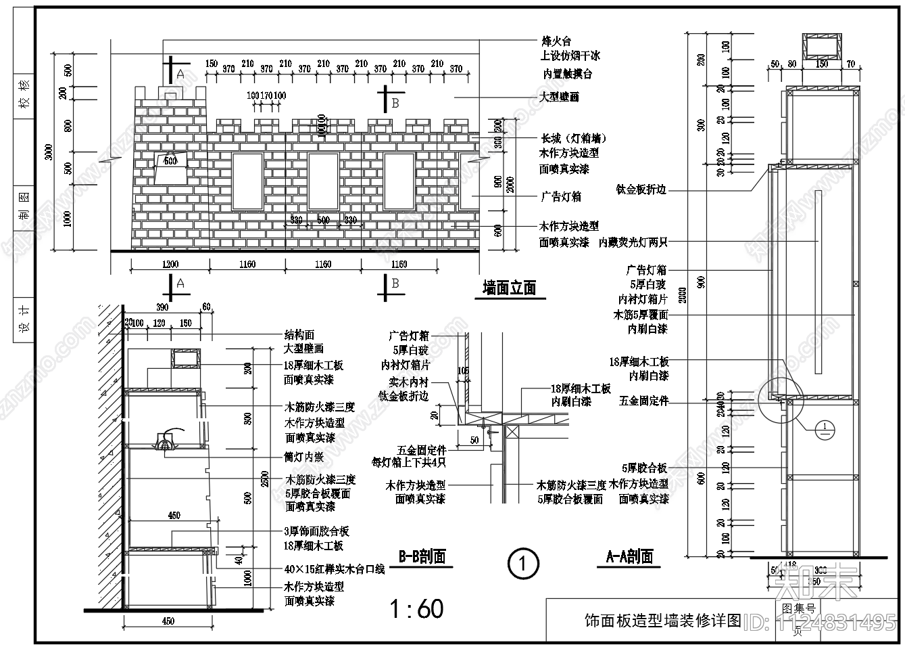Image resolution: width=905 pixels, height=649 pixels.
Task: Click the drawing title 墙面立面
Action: tap(509, 288)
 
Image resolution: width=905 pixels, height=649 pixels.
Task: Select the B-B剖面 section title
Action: tap(422, 557)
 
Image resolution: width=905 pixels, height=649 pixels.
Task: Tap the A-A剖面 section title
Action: tap(629, 557)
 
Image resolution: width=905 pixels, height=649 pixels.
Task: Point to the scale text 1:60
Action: tap(417, 609)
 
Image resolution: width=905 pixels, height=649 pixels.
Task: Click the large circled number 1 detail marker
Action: tap(522, 563)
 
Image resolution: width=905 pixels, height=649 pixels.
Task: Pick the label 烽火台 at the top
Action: tap(556, 42)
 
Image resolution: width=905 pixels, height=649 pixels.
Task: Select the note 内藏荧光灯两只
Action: tap(633, 242)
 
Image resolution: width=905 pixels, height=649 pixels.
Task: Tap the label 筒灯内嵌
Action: tap(304, 457)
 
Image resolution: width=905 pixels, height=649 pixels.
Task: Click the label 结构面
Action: tap(299, 335)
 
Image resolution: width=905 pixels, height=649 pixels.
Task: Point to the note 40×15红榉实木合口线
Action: tap(335, 569)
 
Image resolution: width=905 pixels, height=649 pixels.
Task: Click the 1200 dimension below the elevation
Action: tap(170, 265)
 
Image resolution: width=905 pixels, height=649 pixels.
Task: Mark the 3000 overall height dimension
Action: tap(47, 154)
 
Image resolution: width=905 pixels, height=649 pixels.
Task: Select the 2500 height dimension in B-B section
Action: tap(265, 478)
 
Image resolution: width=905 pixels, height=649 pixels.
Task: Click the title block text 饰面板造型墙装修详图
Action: tap(662, 620)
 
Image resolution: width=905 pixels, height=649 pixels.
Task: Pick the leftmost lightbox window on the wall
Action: tap(247, 181)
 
